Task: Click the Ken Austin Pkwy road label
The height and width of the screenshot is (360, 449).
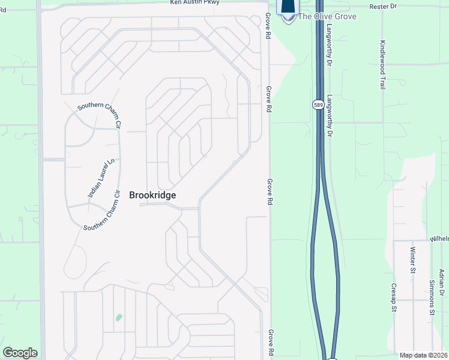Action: pyautogui.click(x=194, y=2)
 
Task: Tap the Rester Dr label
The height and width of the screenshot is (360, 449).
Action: pyautogui.click(x=401, y=7)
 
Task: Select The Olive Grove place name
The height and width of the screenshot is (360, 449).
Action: pyautogui.click(x=327, y=16)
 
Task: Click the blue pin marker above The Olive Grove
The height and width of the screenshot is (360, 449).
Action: pyautogui.click(x=288, y=7)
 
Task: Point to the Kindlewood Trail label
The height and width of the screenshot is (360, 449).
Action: pyautogui.click(x=382, y=65)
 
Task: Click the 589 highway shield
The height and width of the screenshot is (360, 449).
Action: pyautogui.click(x=318, y=104)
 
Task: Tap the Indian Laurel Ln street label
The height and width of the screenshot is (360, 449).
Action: pyautogui.click(x=101, y=178)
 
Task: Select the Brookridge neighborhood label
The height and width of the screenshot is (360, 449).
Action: pyautogui.click(x=152, y=195)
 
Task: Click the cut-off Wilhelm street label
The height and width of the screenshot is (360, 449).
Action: pyautogui.click(x=439, y=239)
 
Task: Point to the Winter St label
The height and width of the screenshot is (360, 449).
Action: pyautogui.click(x=412, y=259)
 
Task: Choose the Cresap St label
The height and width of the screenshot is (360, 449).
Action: pyautogui.click(x=394, y=298)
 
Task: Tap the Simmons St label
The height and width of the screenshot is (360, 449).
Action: pyautogui.click(x=432, y=296)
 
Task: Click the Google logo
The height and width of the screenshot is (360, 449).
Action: pyautogui.click(x=20, y=353)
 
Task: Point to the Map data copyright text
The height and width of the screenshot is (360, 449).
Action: pyautogui.click(x=424, y=355)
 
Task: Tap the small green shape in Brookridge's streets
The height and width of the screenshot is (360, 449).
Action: pyautogui.click(x=119, y=317)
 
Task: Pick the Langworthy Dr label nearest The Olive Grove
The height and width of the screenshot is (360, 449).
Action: pyautogui.click(x=330, y=45)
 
